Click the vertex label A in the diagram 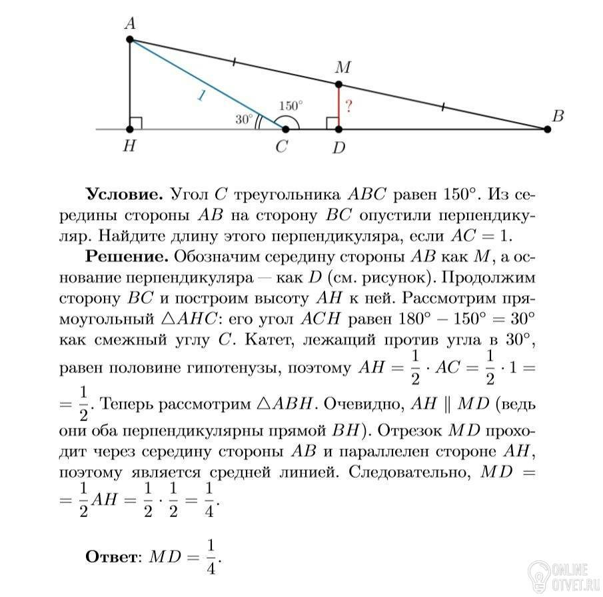click(130, 24)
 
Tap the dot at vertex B click(548, 129)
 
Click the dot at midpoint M click(338, 85)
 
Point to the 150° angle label click(291, 105)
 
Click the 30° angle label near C click(244, 119)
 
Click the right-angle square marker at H click(136, 123)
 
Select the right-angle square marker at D click(332, 123)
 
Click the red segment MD click(338, 107)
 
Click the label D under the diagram click(339, 148)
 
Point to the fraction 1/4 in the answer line click(212, 554)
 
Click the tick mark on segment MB click(443, 107)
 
